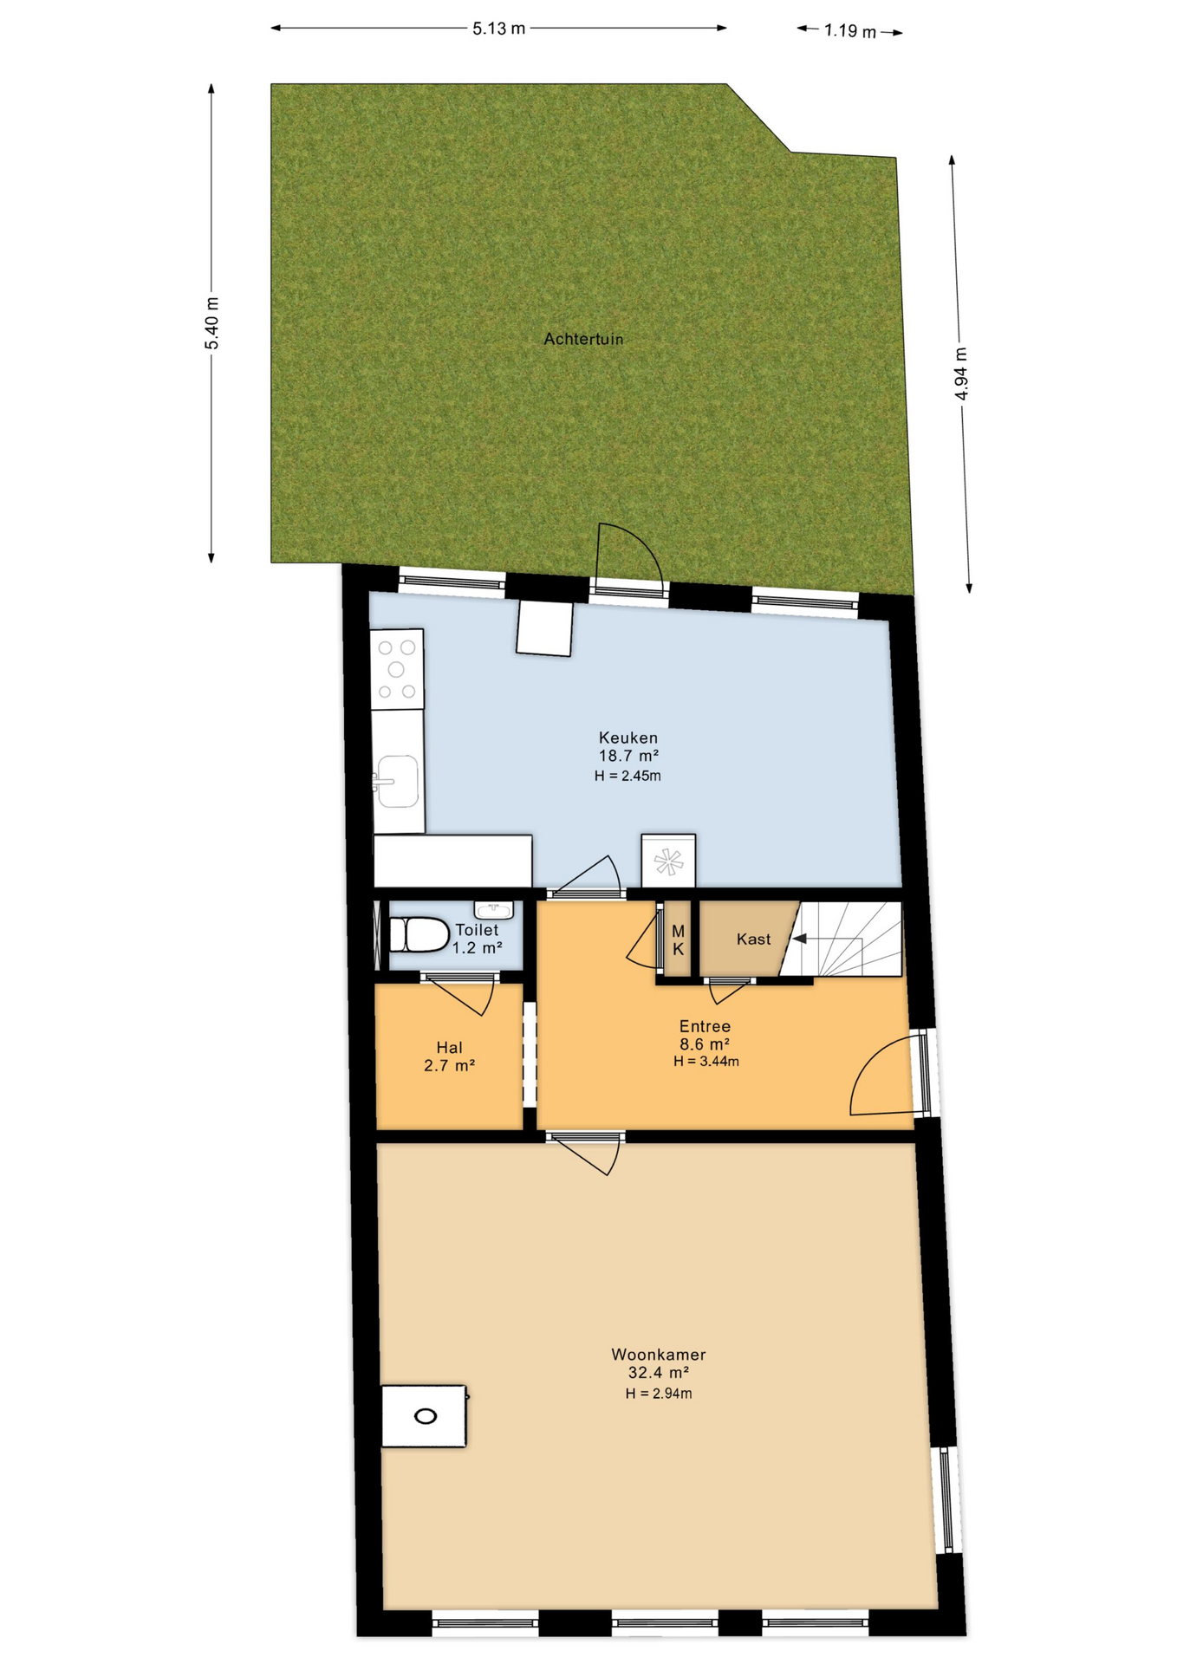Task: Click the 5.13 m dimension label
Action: pos(498,29)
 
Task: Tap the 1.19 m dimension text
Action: pos(850,31)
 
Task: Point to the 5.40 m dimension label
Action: pos(212,323)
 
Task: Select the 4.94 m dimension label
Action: pos(960,374)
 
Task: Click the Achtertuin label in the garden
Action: pos(583,339)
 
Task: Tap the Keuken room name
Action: pos(628,738)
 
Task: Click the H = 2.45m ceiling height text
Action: pos(628,776)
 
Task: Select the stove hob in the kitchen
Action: pos(397,669)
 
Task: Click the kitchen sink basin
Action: pos(398,781)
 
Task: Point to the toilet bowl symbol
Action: pos(418,934)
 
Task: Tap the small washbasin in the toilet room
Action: pos(494,909)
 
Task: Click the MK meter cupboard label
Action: pos(678,939)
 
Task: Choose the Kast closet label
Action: pos(753,939)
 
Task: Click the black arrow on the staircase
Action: pos(799,938)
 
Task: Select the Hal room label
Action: pos(449,1048)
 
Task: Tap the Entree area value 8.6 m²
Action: pos(704,1045)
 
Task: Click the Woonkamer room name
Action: pos(658,1354)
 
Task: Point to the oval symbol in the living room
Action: pos(426,1416)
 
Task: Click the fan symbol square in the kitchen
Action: pos(668,861)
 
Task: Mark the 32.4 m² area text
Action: pos(658,1373)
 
